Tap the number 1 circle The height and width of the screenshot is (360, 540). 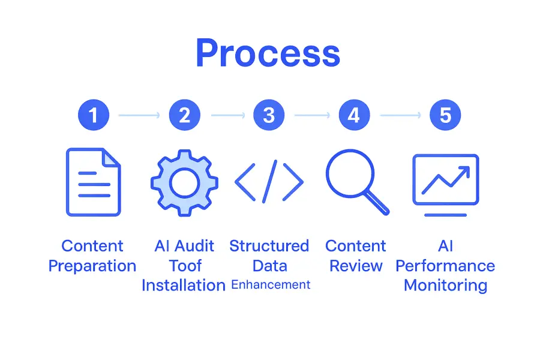(x=94, y=114)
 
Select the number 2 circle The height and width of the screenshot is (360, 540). (x=185, y=114)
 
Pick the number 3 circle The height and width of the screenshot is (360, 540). (x=269, y=114)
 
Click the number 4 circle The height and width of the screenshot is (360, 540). (x=354, y=114)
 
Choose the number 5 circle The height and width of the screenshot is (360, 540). (x=445, y=114)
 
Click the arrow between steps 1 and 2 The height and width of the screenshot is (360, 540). (x=139, y=114)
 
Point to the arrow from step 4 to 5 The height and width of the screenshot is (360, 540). (x=400, y=114)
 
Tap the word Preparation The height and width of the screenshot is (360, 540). (x=92, y=266)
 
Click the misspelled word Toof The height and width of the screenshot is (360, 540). (x=185, y=266)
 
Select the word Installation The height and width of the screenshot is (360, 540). (x=184, y=285)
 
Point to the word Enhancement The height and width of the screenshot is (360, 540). (x=271, y=284)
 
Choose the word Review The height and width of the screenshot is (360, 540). (x=356, y=266)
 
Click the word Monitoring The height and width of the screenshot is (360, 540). (x=445, y=285)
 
